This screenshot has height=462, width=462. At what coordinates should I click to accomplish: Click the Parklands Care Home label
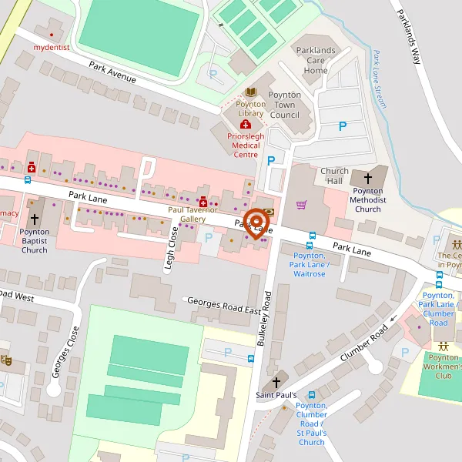coord(316,60)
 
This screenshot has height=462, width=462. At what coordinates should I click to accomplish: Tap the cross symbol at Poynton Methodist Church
coord(368,179)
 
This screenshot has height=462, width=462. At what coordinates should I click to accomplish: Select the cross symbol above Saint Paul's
coord(276,382)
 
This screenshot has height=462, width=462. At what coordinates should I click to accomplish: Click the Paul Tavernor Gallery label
coord(192,214)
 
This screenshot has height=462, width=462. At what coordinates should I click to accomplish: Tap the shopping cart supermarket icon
coord(302,205)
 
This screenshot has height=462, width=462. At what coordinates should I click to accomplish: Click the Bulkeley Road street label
coord(266,318)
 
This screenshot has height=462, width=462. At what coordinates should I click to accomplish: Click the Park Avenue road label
coord(112,73)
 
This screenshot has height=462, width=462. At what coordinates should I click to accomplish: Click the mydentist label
coord(51,47)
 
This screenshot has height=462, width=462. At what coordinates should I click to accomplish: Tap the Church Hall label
coord(335,176)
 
